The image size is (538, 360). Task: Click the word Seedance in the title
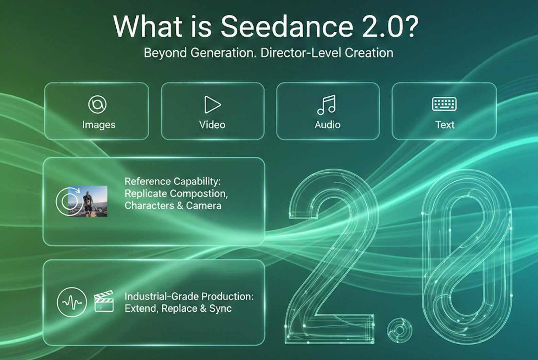click(287, 27)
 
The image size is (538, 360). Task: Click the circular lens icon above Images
click(97, 104)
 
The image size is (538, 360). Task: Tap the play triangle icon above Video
click(212, 104)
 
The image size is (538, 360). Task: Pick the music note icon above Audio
click(326, 104)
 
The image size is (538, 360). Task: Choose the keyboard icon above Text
click(444, 104)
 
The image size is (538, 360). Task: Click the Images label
click(99, 125)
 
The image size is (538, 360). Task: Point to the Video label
click(212, 125)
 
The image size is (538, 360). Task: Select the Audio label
click(327, 125)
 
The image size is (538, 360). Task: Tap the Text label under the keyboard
click(445, 125)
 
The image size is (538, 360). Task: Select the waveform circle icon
click(72, 302)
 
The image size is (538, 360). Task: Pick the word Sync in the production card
click(220, 309)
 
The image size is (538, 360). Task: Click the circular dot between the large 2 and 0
click(400, 330)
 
